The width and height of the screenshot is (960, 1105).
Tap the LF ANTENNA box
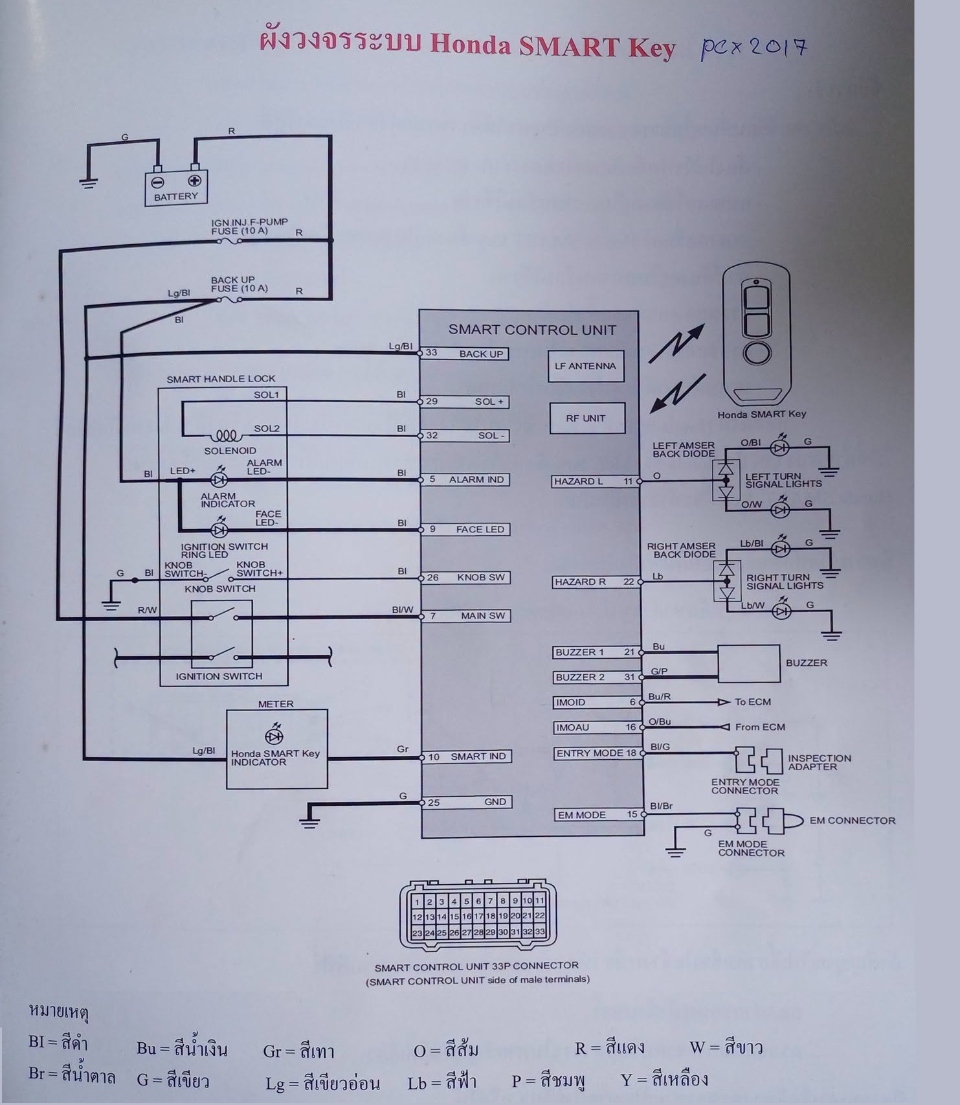point(586,366)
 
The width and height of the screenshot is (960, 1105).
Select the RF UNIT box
point(586,418)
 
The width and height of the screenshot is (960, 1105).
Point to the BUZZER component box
point(748,663)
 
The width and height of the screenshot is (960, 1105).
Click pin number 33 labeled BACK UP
point(431,353)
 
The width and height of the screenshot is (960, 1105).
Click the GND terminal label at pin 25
point(495,802)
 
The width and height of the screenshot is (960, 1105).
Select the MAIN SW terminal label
point(483,616)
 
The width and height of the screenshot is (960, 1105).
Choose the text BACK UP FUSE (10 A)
point(239,284)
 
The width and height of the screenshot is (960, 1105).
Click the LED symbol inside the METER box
point(274,736)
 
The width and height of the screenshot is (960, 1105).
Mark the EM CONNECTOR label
point(853,821)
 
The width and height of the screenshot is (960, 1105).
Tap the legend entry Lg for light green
point(322,1082)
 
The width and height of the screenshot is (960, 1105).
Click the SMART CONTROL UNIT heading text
point(532,330)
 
